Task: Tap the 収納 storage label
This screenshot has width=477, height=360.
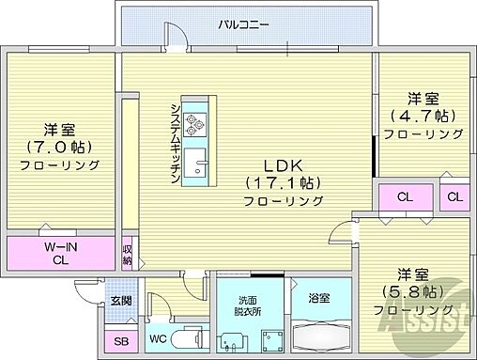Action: [127, 255]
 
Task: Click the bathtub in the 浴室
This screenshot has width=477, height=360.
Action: [320, 336]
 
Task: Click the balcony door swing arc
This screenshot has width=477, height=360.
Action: [175, 36]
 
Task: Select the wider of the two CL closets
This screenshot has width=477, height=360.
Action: [404, 197]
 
